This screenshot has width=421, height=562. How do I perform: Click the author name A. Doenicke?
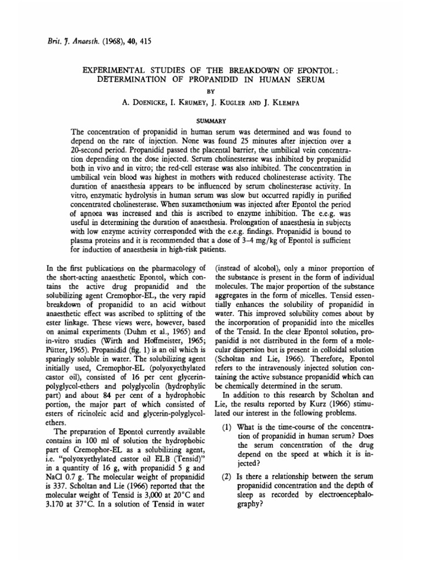coord(147,103)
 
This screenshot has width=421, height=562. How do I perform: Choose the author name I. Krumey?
coord(193,103)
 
